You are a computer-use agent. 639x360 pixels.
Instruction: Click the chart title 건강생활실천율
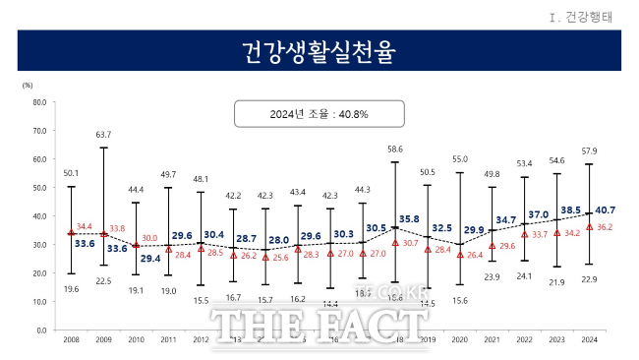[319, 51]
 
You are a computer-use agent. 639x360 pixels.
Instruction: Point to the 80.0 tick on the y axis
[39, 101]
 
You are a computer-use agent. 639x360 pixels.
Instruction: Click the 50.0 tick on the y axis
[39, 187]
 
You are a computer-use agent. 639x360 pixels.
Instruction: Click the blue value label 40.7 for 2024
[607, 210]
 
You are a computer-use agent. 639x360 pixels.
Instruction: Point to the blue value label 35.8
[408, 218]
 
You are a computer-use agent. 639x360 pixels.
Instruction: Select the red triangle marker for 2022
[524, 234]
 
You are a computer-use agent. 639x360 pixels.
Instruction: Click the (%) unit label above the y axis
[27, 86]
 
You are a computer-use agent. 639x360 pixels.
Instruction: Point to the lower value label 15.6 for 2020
[458, 300]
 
